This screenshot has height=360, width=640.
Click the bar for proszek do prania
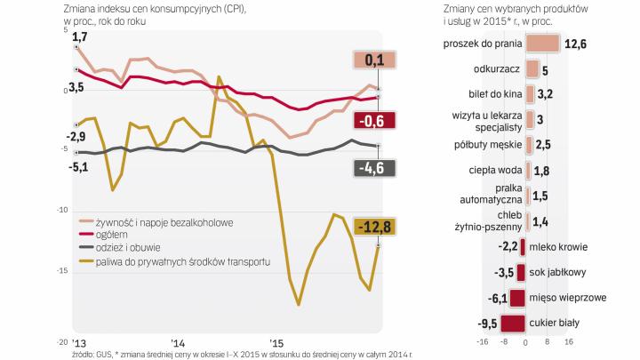(543, 44)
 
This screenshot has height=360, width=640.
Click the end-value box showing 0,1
(373, 60)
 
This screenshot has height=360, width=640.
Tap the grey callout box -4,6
(373, 168)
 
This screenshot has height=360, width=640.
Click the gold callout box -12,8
(373, 227)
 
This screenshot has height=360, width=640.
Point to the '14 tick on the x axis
(178, 342)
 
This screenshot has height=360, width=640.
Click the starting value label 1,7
(79, 36)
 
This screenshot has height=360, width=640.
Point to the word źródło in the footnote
(86, 353)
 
